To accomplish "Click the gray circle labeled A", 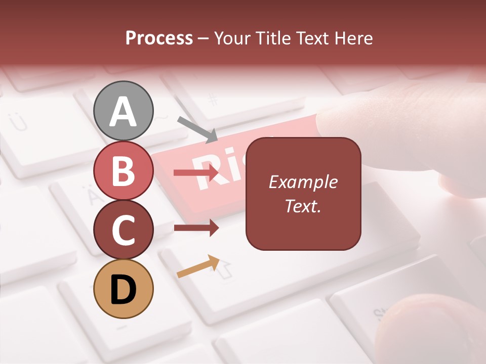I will [124, 111].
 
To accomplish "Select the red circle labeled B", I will [124, 170].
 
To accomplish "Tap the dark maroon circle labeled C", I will [124, 230].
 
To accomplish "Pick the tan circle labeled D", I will [124, 289].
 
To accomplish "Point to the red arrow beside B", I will [196, 173].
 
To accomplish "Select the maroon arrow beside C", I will [196, 228].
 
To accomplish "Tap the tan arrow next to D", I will [198, 266].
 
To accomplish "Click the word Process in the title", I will [159, 38].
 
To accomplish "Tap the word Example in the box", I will [303, 182].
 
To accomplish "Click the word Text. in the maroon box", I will [303, 206].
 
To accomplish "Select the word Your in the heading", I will [233, 38].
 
